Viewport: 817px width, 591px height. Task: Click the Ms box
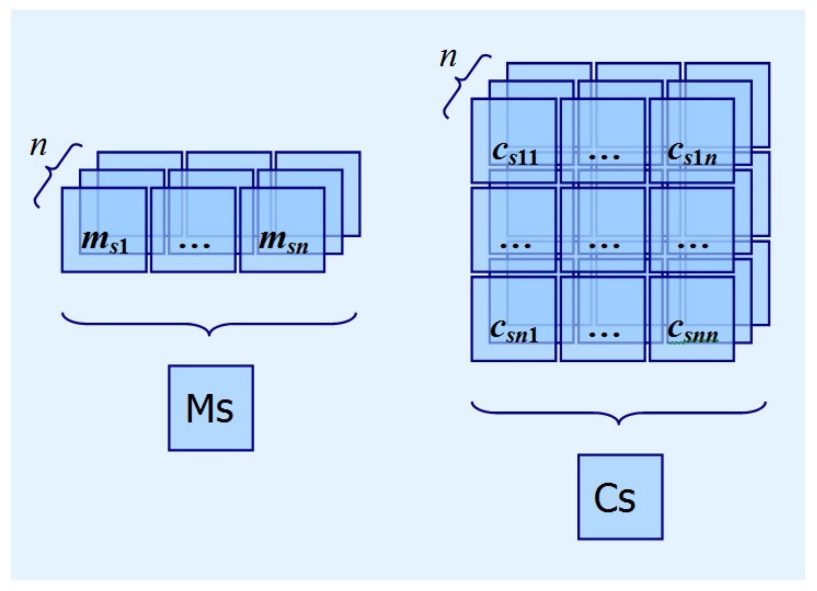[x=211, y=408]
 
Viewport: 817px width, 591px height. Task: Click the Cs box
[x=620, y=497]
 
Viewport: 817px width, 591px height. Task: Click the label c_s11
[x=515, y=153]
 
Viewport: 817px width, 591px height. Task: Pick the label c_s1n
[x=692, y=153]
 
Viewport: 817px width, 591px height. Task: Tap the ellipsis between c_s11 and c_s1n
[x=604, y=157]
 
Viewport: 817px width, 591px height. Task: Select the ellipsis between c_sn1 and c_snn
[x=604, y=335]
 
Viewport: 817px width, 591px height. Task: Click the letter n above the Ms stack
[x=38, y=147]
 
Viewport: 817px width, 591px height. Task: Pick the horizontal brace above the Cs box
[x=619, y=413]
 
